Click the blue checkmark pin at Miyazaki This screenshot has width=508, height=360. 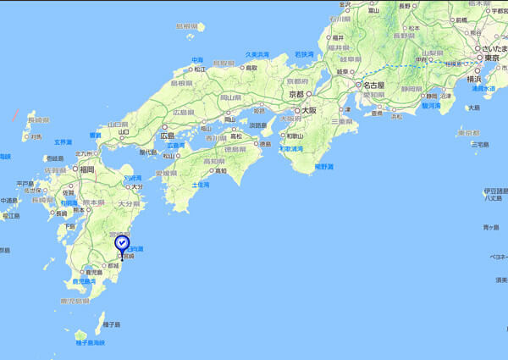click(122, 245)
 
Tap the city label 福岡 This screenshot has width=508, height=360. click(87, 169)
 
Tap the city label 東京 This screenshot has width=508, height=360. click(494, 59)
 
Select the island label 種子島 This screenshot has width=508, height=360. click(112, 324)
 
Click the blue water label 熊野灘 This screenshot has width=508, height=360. click(324, 167)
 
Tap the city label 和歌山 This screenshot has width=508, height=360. click(295, 136)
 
